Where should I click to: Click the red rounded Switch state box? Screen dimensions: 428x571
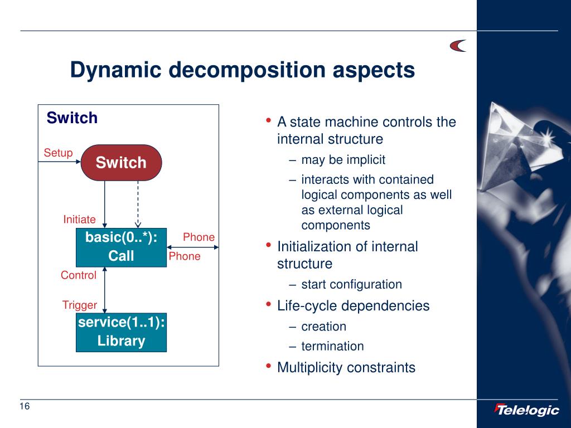121,163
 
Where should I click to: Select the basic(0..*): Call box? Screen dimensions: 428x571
121,247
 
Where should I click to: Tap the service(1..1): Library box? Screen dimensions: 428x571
121,332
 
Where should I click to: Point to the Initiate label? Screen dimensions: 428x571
79,220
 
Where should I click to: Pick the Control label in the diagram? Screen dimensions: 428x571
78,275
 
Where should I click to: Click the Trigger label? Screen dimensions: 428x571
80,305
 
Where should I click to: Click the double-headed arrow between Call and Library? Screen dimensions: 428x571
105,290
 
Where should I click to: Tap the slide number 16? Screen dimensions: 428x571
25,406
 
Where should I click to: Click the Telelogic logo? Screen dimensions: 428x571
526,410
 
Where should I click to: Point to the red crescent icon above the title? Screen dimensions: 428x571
458,46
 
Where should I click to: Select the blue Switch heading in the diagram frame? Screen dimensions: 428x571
72,118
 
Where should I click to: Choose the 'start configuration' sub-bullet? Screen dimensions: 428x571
351,284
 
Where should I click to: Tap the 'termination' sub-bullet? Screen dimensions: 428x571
332,346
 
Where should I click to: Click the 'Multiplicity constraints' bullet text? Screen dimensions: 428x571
346,368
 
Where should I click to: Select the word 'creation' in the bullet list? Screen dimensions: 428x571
323,327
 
